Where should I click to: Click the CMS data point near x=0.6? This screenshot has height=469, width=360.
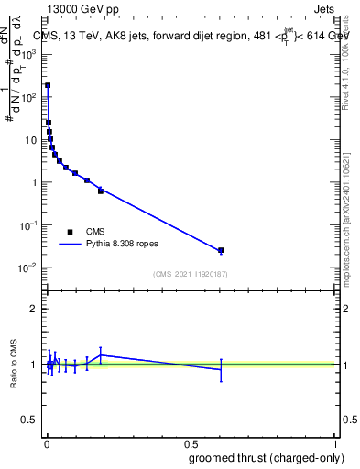pyautogui.click(x=221, y=250)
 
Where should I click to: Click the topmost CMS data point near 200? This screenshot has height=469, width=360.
pyautogui.click(x=48, y=85)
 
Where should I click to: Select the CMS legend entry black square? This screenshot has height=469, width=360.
pyautogui.click(x=70, y=232)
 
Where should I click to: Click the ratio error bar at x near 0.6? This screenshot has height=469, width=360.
pyautogui.click(x=221, y=369)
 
